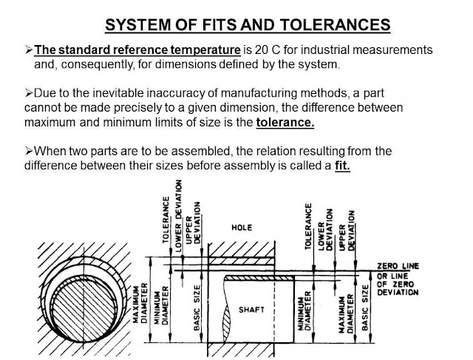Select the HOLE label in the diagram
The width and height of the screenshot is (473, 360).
point(242,228)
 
